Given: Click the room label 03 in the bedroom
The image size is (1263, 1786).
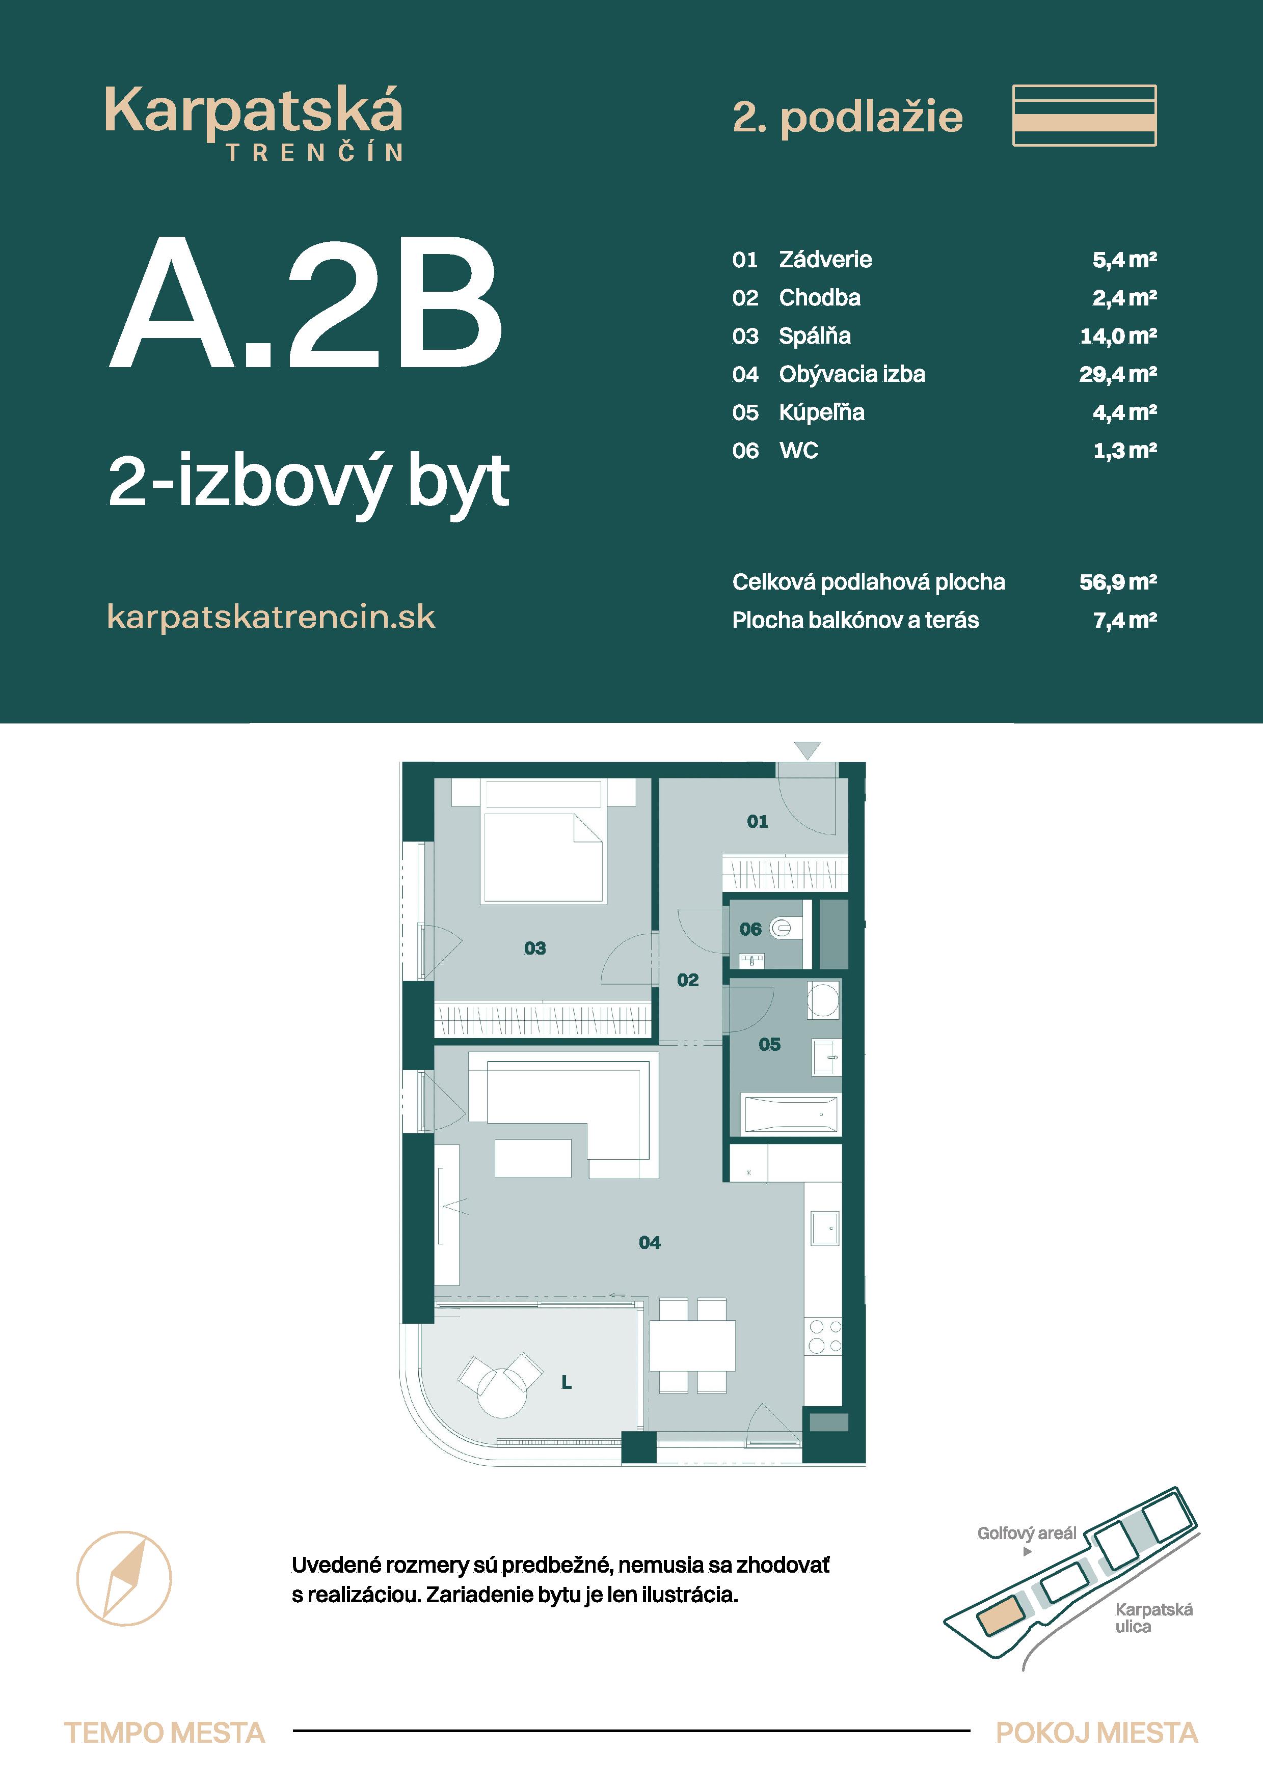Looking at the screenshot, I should (534, 947).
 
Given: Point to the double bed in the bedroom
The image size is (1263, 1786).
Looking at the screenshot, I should (543, 856).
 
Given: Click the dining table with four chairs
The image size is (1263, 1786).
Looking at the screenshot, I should (692, 1346).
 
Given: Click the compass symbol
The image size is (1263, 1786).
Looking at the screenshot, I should (124, 1578).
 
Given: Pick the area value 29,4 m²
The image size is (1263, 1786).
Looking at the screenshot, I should (1117, 374).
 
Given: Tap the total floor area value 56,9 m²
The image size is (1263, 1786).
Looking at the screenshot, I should (1117, 582).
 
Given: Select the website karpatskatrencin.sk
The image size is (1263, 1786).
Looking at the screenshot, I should (271, 617).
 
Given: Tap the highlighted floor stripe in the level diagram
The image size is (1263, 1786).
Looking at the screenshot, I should (1084, 122).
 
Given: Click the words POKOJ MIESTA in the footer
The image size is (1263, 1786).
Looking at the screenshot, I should (1096, 1733).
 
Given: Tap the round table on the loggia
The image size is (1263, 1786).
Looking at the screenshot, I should (501, 1392).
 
